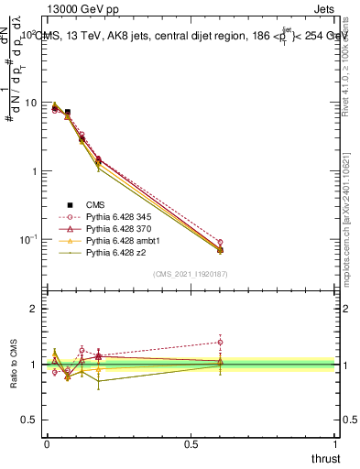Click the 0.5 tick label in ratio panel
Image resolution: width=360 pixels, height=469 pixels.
click(x=29, y=420)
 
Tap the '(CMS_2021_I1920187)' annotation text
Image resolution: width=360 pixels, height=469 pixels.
click(x=190, y=273)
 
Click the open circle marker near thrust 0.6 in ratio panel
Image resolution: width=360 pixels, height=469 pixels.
click(x=220, y=343)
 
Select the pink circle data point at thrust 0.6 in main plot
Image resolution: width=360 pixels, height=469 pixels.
click(x=220, y=242)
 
